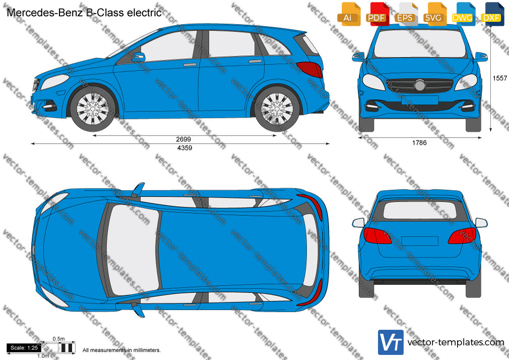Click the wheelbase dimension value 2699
coord(183,139)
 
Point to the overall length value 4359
coord(185,148)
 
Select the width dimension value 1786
coord(419,143)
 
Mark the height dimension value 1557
coord(499,78)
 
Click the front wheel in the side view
coord(93,109)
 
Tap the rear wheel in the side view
coord(277,109)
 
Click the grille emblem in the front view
coord(419,85)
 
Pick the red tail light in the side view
coord(310,69)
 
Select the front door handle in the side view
coord(190,65)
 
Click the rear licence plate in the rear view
coord(420,241)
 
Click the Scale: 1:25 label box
coord(24,348)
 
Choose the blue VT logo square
coord(391,342)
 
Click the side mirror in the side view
coord(139,57)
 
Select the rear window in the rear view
coord(420,210)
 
